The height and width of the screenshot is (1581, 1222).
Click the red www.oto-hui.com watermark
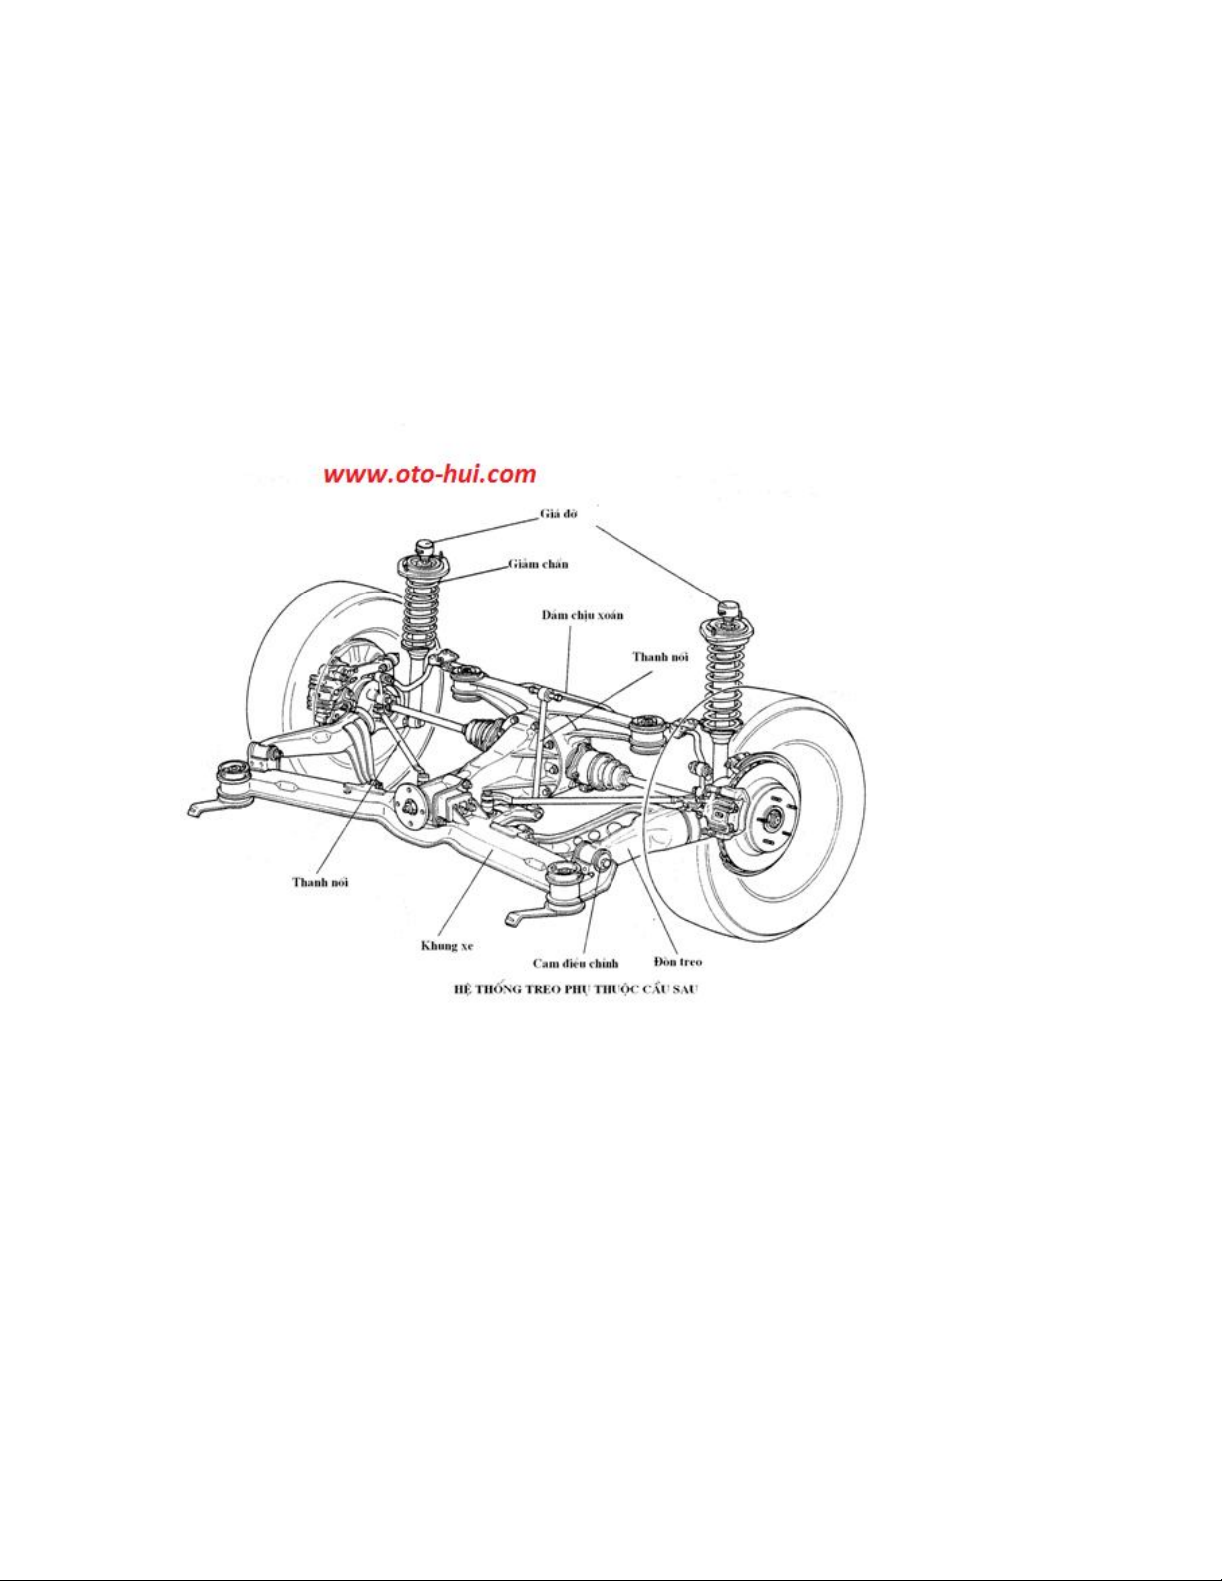430,475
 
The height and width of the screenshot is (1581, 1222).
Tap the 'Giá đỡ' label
558,513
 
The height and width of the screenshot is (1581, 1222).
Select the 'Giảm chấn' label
538,564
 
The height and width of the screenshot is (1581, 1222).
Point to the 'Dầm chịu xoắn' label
582,615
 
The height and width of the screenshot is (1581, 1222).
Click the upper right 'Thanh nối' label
660,657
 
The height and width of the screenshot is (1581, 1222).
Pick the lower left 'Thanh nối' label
320,882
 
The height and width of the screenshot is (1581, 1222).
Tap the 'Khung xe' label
447,945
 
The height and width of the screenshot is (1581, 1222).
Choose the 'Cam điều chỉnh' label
576,964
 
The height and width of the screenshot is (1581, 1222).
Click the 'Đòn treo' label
678,962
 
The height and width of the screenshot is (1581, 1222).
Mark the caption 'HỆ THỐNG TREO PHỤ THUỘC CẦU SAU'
576,989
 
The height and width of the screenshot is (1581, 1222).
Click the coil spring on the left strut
421,608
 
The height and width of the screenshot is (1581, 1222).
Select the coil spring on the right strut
722,674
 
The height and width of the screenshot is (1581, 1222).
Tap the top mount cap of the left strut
424,545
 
